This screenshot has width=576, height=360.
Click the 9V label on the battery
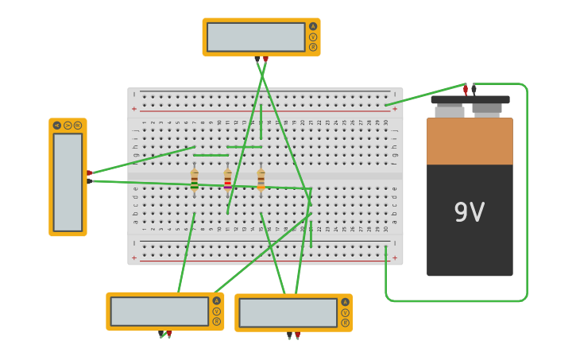click(469, 212)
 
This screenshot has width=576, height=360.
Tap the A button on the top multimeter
click(313, 26)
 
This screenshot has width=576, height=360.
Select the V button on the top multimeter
click(313, 37)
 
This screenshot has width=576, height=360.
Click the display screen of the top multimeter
click(256, 37)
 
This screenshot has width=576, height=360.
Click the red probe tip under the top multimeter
click(265, 59)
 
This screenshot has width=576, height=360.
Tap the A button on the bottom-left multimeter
click(216, 300)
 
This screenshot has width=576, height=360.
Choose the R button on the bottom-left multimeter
click(216, 321)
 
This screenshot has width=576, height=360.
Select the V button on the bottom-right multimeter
click(345, 312)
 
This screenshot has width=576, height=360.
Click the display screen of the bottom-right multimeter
click(288, 312)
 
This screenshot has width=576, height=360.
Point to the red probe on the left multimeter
click(89, 172)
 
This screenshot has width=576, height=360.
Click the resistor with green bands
click(195, 180)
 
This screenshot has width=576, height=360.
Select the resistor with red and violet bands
click(228, 180)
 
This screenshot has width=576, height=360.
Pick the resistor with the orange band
click(261, 180)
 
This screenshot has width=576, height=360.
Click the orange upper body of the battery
click(470, 141)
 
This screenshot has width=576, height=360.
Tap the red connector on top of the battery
click(466, 90)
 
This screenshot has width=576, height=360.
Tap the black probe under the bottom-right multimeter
click(289, 336)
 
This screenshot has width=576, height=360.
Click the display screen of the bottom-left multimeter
click(160, 311)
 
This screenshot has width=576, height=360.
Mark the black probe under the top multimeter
click(257, 59)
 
